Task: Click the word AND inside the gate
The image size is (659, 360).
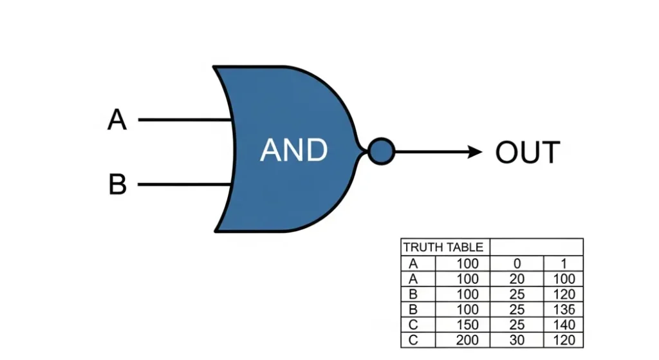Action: pos(294,150)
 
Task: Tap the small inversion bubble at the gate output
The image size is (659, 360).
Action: pos(381,151)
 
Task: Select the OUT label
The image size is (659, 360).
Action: pos(528,153)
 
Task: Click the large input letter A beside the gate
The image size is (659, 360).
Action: pos(116,120)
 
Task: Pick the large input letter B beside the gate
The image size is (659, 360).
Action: pos(117,185)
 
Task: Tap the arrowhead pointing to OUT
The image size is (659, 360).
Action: pos(475,152)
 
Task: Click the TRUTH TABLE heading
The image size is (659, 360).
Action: pos(443,247)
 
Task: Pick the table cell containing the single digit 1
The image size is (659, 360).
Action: pos(563,263)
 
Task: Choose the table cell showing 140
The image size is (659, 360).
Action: pos(563,325)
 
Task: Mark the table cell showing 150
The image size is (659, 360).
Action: pos(468,325)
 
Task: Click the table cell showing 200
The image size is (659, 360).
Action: pos(468,340)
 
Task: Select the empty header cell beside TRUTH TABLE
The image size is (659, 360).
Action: pos(536,247)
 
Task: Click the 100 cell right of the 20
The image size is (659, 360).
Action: pos(563,279)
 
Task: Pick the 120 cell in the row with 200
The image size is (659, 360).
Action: pos(563,340)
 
